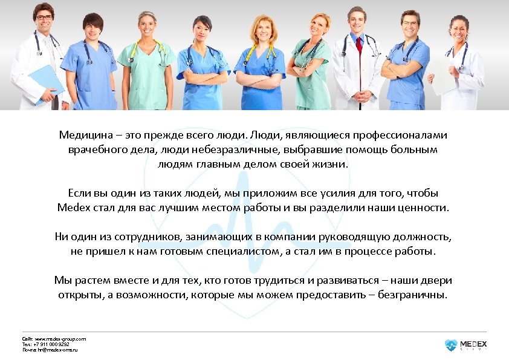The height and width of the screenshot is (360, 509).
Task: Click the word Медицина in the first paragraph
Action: (82, 136)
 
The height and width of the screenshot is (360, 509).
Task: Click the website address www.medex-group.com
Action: (60, 339)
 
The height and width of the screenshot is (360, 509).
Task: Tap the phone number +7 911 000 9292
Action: (56, 344)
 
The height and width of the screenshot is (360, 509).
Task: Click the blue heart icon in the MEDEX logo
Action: (451, 345)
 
